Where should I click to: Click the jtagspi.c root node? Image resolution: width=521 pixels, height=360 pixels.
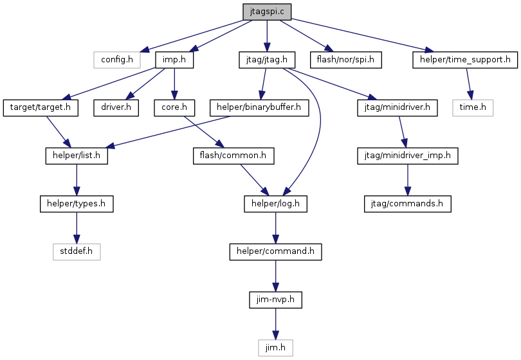[267, 12]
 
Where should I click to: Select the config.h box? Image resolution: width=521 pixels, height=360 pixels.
[116, 60]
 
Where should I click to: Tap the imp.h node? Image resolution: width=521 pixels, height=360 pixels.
[174, 60]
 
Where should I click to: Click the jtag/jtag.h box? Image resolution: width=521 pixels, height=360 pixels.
[267, 60]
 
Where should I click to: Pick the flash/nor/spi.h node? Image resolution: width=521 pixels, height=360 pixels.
[345, 60]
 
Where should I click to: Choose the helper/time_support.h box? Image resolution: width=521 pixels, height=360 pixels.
[465, 60]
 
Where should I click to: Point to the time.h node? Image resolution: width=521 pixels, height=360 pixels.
[473, 107]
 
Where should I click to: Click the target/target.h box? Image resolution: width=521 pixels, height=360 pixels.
[41, 107]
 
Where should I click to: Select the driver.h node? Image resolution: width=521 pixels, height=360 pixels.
[116, 107]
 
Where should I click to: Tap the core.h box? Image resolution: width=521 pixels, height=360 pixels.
[174, 107]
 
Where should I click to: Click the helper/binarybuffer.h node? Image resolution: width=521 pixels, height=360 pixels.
[259, 107]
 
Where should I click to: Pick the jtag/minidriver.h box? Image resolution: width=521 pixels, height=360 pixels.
[398, 107]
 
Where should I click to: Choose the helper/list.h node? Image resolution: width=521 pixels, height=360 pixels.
[77, 156]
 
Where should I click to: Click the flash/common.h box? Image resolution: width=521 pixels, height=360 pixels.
[233, 156]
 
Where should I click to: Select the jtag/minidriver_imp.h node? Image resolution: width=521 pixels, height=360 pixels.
[408, 156]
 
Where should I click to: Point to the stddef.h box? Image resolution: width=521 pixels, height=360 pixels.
[77, 251]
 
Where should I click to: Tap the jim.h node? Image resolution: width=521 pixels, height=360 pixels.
[275, 348]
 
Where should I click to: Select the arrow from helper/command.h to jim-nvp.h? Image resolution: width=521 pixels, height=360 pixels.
[275, 276]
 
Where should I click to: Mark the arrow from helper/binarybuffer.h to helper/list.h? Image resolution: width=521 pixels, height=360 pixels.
[169, 132]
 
